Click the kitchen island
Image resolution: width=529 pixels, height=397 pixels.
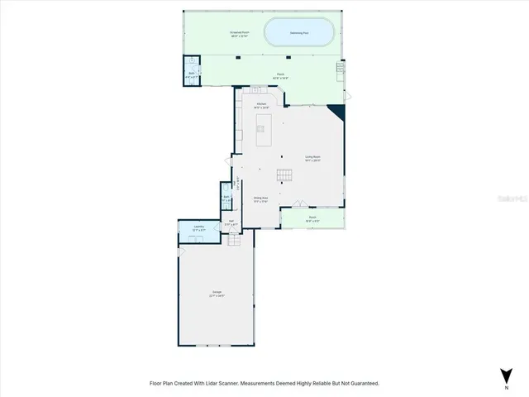tap(264, 129)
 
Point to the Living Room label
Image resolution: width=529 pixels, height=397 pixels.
tap(312, 157)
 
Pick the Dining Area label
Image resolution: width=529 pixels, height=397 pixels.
tap(261, 198)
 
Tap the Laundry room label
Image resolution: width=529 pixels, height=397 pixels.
tap(199, 227)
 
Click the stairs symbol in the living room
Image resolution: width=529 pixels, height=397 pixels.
tap(284, 174)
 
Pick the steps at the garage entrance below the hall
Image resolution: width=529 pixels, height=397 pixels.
tap(234, 240)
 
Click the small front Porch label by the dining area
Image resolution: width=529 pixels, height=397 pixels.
tap(312, 220)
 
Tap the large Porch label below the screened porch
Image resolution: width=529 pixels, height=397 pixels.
tap(281, 74)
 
